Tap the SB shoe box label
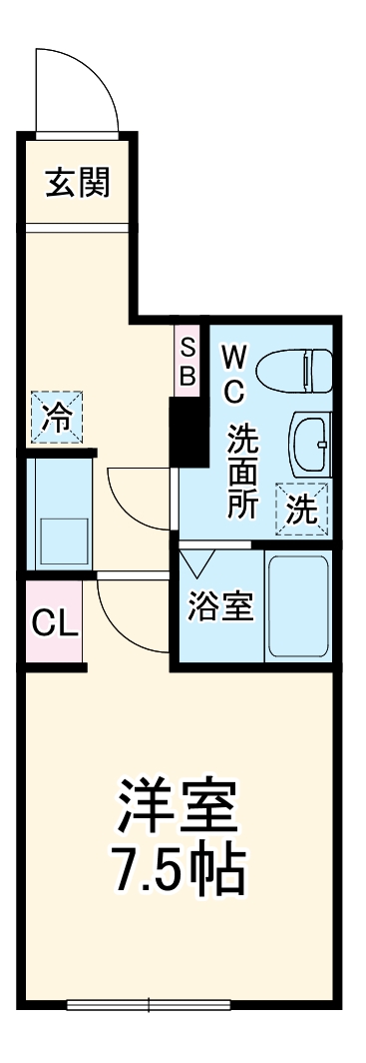coord(187,361)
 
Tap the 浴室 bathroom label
coord(220,606)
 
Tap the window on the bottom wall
coord(151,1004)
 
